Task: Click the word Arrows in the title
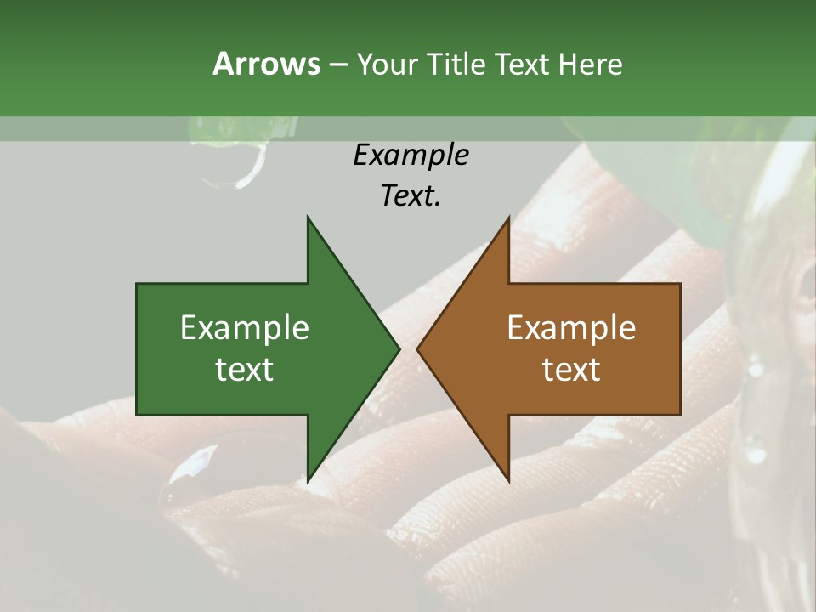(266, 64)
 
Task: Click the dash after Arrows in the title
(337, 65)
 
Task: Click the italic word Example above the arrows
(411, 155)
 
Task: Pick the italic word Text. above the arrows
(411, 195)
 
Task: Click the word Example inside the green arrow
(244, 328)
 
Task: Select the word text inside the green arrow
(244, 370)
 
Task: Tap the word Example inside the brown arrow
(571, 328)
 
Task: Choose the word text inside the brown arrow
(571, 370)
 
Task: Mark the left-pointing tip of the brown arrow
(418, 348)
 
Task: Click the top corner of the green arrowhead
(308, 218)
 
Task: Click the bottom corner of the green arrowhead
(308, 481)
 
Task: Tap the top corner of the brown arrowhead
(508, 218)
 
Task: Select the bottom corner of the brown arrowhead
(508, 481)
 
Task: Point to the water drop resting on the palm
(197, 463)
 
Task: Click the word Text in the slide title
(524, 64)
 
